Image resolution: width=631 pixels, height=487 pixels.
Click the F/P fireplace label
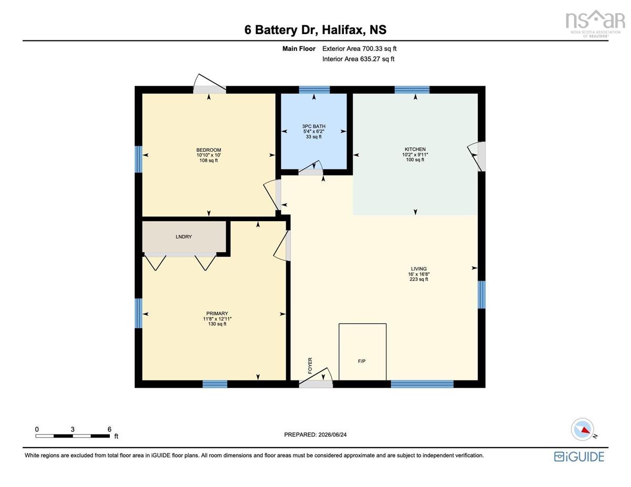[x=362, y=361]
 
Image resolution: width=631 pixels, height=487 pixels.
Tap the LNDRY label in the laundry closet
[x=184, y=237]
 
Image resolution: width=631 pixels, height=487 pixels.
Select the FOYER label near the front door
[x=310, y=366]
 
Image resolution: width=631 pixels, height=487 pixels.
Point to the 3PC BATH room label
[x=313, y=127]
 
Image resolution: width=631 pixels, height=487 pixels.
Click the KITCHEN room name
[x=415, y=149]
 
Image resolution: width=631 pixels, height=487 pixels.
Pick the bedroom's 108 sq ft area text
[x=209, y=160]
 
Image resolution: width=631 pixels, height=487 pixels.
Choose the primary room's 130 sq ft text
[x=217, y=324]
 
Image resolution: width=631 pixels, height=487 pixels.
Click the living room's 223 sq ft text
[x=419, y=279]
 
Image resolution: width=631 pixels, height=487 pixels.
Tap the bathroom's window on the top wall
[x=314, y=90]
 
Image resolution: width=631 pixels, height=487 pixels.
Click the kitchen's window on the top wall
[x=412, y=90]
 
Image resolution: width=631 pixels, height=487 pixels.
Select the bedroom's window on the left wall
[x=138, y=159]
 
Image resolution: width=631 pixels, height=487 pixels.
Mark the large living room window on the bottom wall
[x=422, y=384]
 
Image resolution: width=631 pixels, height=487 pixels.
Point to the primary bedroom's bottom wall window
[x=215, y=384]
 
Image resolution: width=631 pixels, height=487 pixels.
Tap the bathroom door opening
[x=311, y=169]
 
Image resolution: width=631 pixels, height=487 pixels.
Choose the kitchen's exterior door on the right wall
[x=477, y=156]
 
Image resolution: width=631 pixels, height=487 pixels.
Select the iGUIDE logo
[x=579, y=457]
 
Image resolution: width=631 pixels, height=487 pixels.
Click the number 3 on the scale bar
[x=73, y=429]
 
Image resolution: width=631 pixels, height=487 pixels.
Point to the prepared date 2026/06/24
[x=332, y=435]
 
